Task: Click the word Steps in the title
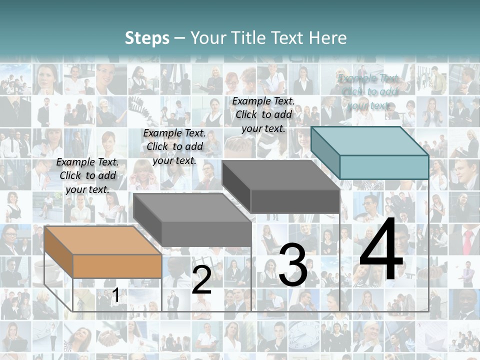pos(147,38)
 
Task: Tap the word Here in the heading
pos(327,38)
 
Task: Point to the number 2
pos(201,279)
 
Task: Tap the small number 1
pos(115,295)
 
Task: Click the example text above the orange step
pos(87,175)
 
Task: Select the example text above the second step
pos(174,146)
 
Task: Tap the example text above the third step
pos(263,114)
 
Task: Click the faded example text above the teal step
pos(368,91)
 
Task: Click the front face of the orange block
pos(117,266)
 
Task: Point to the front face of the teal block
pos(384,167)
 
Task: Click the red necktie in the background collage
pos(467,242)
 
